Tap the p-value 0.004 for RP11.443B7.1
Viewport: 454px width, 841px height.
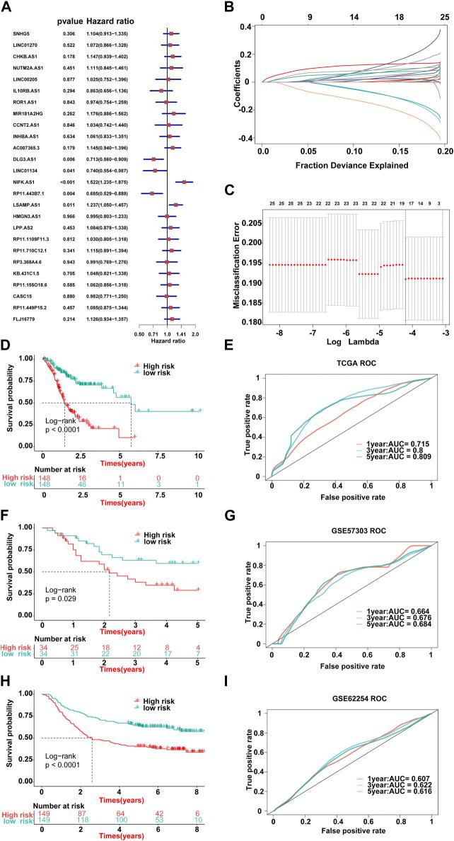[68, 193]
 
